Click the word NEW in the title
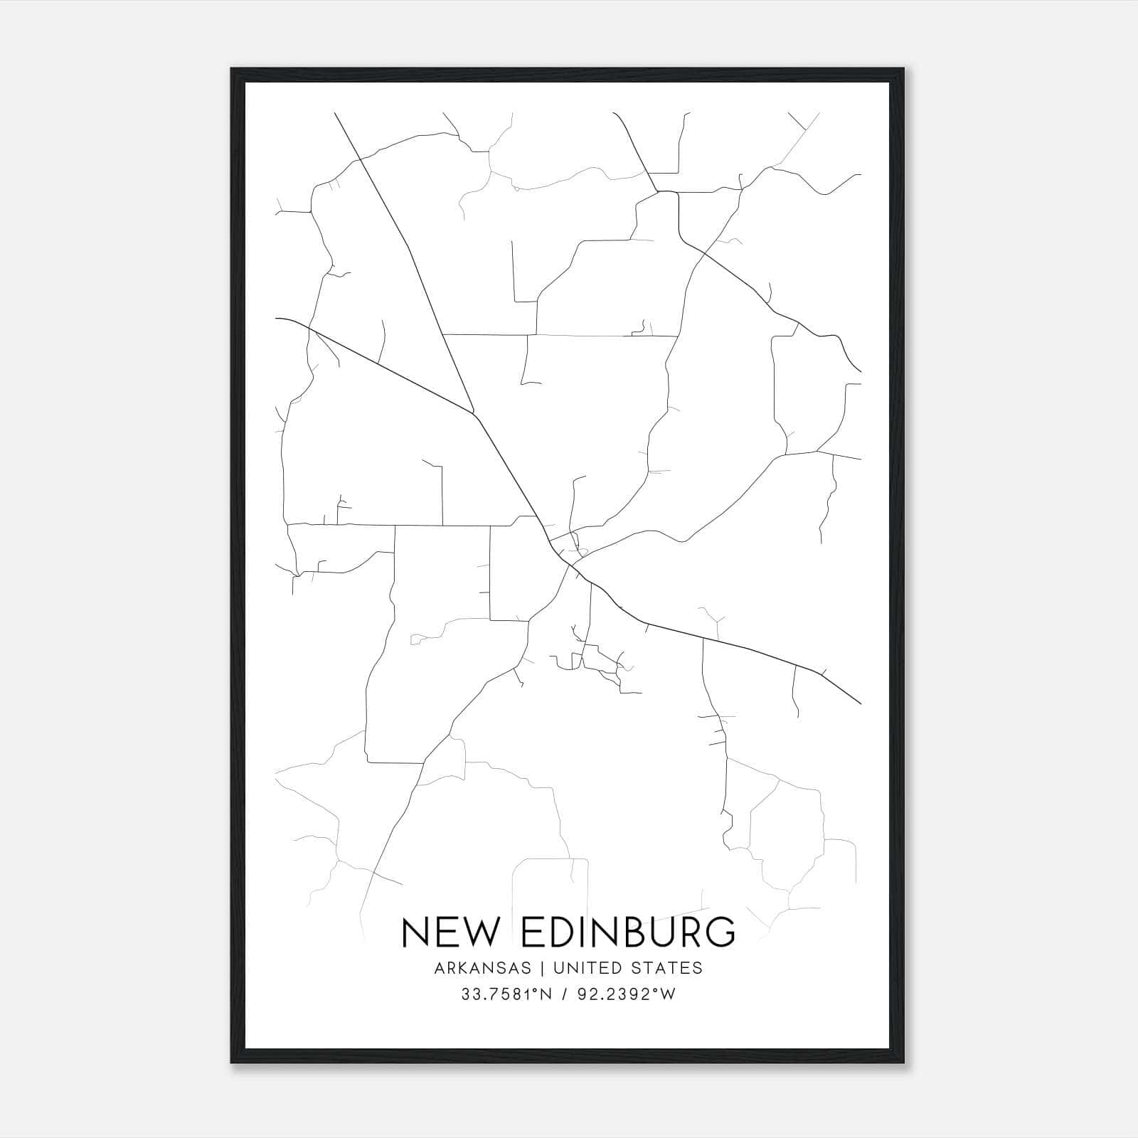448,932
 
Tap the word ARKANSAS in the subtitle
481,968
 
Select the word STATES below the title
669,968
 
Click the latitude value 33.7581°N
506,995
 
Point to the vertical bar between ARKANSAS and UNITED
542,968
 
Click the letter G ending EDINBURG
720,932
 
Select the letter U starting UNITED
558,968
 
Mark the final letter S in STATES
698,968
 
